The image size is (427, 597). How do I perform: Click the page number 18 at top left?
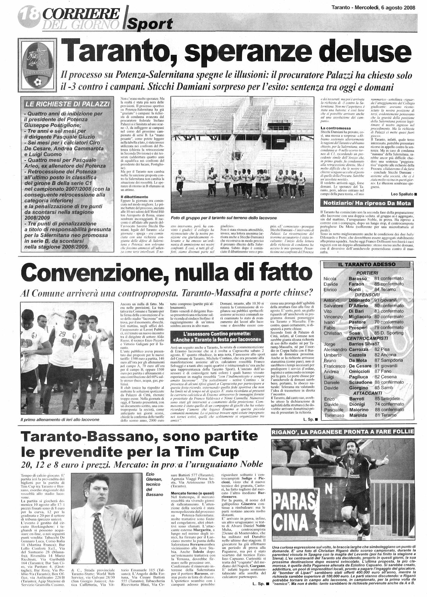pos(29,13)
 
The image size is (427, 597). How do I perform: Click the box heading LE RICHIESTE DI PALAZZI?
pos(67,104)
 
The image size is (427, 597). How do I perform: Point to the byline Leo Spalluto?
pos(402,194)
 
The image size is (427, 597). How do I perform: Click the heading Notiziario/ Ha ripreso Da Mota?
pos(367,203)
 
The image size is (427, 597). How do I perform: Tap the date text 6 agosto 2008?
pos(398,8)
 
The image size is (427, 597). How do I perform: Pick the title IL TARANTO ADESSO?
pos(367,264)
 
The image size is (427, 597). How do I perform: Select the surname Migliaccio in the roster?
pos(360,316)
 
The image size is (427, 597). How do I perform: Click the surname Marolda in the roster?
pos(358,415)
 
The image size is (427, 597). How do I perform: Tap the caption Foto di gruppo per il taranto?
pos(223,218)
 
